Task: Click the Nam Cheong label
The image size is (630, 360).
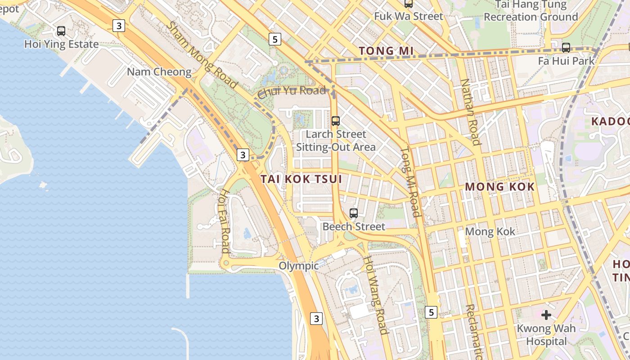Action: coord(159,72)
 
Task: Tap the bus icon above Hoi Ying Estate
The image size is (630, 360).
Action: coord(61,31)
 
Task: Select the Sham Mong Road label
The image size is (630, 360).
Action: coord(202,55)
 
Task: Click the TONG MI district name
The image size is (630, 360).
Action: coord(386,51)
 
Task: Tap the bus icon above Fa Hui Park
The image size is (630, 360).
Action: coord(566,47)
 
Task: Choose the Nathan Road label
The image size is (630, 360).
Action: coord(470,112)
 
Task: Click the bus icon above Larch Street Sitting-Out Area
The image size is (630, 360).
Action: coord(336,121)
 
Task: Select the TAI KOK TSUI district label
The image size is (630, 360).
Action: coord(301,179)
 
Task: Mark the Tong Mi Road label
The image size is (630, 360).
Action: coord(410,182)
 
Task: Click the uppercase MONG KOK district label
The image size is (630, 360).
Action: coord(499,187)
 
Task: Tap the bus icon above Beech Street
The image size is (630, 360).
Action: coord(354,213)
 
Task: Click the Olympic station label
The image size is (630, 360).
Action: coord(298,266)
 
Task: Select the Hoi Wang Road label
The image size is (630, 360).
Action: coord(376,295)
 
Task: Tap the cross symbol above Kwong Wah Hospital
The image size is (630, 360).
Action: coord(546,315)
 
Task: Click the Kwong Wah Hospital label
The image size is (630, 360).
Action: coord(546,335)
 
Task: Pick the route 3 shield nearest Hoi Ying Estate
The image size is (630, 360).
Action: coord(118,26)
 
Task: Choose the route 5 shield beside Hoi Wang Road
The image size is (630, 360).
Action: coord(431,312)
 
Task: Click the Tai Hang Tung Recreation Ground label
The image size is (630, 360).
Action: coord(531,11)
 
